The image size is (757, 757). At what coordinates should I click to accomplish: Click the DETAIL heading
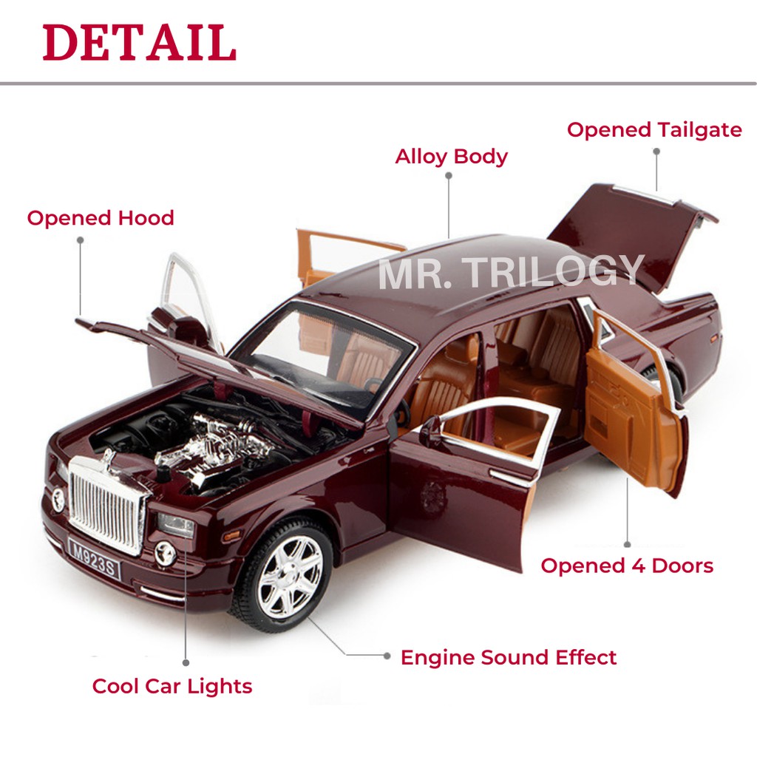140,43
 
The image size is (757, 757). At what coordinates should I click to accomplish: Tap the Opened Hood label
101,218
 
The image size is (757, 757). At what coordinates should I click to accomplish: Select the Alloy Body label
451,157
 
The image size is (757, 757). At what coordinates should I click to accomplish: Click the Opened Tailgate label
654,130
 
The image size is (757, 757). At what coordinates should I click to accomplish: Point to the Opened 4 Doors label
627,566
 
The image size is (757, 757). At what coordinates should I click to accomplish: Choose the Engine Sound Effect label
509,657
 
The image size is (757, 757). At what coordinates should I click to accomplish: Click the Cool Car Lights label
172,686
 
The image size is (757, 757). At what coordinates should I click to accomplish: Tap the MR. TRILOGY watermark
510,271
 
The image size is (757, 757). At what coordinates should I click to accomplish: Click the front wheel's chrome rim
291,577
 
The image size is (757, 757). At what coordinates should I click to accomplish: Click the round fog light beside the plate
166,553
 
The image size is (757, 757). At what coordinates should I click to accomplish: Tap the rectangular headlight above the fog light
176,525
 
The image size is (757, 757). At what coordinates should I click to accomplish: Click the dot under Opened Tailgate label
656,151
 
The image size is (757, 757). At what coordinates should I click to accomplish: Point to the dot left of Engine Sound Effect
386,656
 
